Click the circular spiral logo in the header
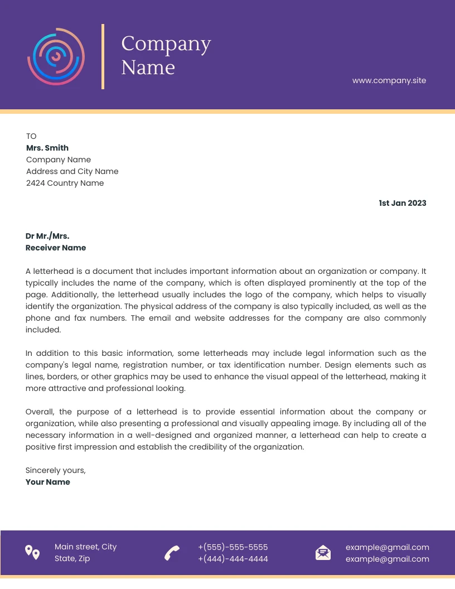[56, 56]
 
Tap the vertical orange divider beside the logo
[103, 56]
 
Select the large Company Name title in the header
[166, 55]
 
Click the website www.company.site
[389, 80]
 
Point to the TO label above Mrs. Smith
[31, 136]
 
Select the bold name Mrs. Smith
[47, 148]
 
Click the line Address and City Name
[72, 171]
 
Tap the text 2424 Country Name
[65, 183]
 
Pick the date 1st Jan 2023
[402, 203]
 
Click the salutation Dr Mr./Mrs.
[47, 236]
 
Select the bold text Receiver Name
[56, 248]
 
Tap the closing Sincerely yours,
[56, 470]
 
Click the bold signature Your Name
[48, 482]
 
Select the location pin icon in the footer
[32, 552]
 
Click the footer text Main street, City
[85, 547]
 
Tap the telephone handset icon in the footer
[172, 553]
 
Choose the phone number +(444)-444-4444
[233, 559]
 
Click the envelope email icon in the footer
[323, 553]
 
